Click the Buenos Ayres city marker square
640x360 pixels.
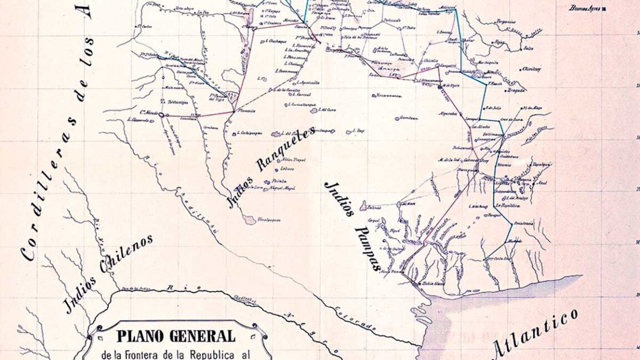pos(604,9)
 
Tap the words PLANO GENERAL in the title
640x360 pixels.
pos(176,336)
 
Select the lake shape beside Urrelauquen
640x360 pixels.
pos(249,219)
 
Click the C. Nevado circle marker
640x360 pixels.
pos(161,114)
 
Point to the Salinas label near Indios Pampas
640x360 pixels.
pos(374,208)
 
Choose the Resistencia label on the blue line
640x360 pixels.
pos(523,223)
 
